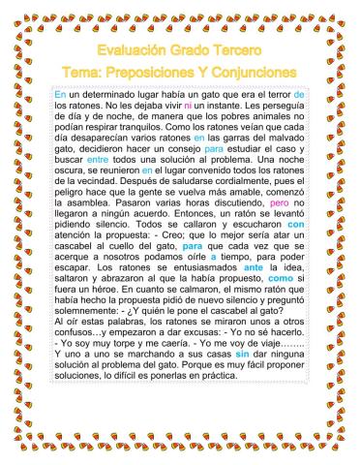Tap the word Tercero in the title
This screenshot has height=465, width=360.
229,48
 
